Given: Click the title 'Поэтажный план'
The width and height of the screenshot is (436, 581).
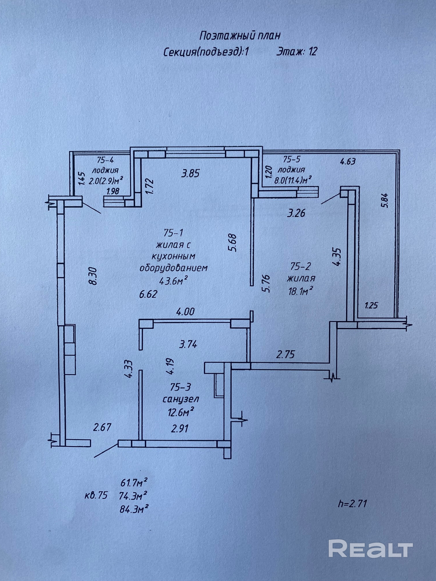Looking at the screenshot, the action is click(x=240, y=36).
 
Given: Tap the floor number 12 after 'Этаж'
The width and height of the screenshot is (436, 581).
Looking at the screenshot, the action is click(x=313, y=52).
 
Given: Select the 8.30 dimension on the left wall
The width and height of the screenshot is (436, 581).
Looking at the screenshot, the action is click(x=93, y=276).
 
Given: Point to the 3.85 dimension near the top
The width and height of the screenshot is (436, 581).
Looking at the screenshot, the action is click(x=190, y=173).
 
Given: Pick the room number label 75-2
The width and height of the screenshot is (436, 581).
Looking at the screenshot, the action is click(x=300, y=266).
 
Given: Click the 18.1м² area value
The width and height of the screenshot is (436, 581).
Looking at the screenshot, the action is click(x=300, y=292).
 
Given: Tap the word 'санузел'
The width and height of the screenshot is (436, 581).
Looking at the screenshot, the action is click(x=181, y=399).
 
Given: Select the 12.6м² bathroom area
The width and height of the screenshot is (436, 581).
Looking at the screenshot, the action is click(x=181, y=412).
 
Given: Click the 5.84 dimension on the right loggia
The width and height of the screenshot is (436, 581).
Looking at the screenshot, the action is click(x=386, y=200).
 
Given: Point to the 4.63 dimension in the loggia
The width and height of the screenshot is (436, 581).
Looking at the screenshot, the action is click(x=347, y=161).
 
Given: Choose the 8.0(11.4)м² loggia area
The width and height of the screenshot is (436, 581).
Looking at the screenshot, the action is click(x=292, y=181).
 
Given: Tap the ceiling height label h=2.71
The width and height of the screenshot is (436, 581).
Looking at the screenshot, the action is click(x=352, y=504).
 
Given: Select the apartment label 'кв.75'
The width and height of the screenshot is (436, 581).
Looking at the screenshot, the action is click(x=96, y=495).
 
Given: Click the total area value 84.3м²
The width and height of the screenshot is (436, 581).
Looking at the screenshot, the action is click(x=134, y=510).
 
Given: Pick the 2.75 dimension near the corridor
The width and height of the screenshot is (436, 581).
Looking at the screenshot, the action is click(x=285, y=354).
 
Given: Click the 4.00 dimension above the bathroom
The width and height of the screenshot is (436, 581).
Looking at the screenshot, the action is click(x=185, y=312).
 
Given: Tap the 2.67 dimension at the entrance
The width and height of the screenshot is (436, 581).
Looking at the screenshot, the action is click(x=102, y=427).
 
